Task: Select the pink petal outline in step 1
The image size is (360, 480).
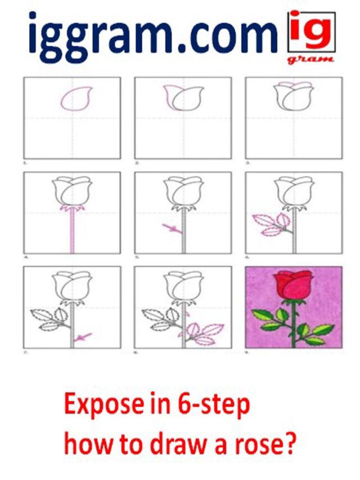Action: pos(76,99)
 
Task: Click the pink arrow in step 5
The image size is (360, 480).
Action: pos(170,228)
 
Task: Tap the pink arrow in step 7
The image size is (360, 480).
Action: pos(84,337)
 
